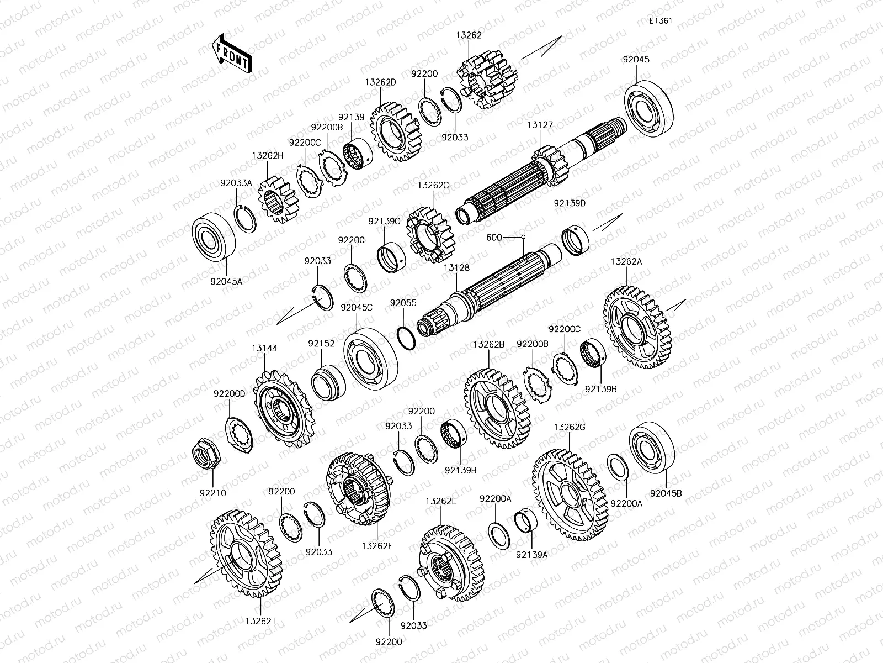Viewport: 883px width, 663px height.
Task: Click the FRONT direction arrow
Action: pos(232,54)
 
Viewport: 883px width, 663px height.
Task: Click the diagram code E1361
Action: pos(661,20)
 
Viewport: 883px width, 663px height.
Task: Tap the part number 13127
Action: pos(540,125)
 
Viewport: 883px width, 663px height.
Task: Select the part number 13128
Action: pos(456,268)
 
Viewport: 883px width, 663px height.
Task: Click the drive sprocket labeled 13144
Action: pos(284,409)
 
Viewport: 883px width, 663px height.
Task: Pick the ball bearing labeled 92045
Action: pos(649,108)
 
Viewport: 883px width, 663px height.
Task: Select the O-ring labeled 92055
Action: pos(406,339)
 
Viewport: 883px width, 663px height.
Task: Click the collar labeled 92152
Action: pos(328,382)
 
